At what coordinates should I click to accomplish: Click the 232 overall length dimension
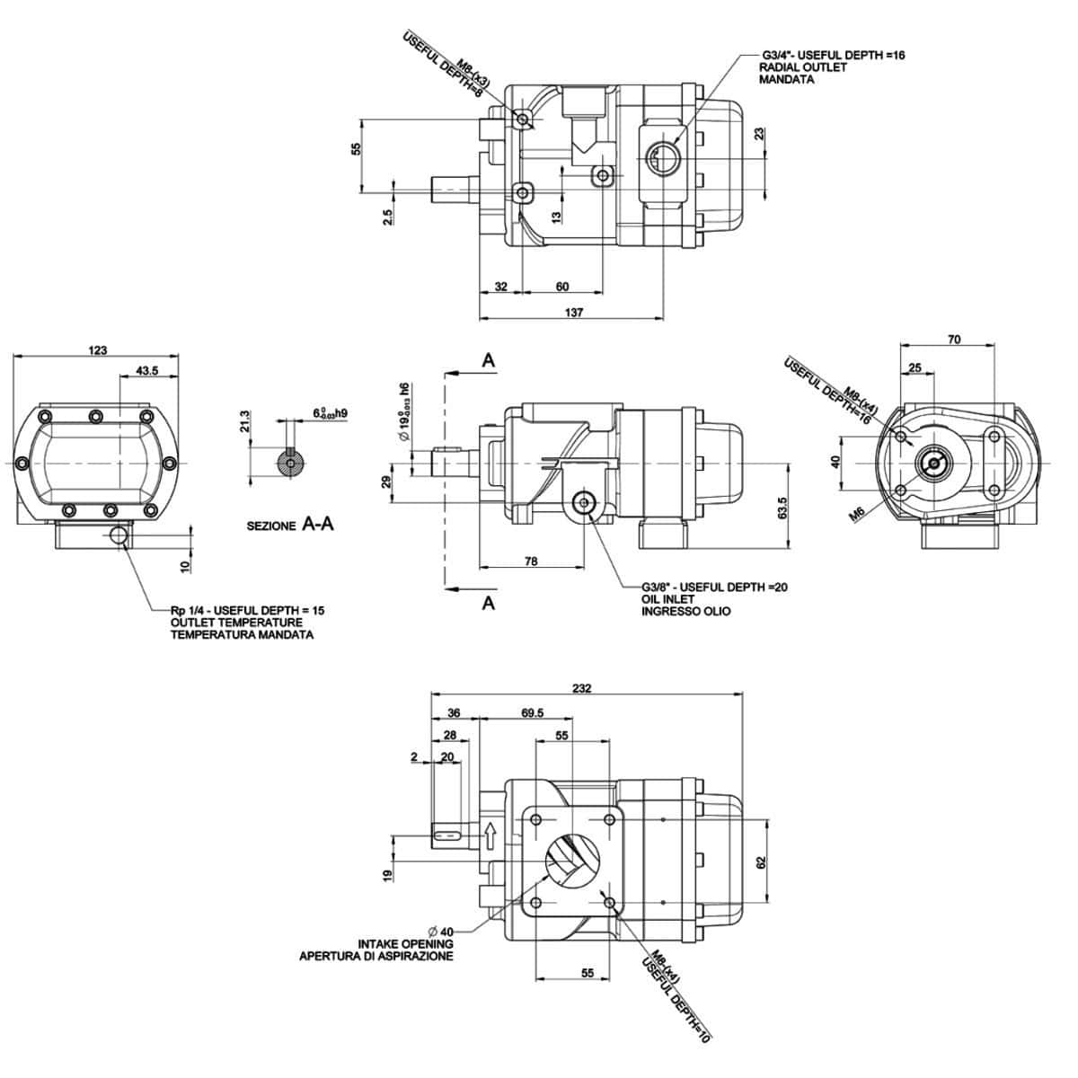click(x=582, y=688)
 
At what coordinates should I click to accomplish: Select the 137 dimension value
click(x=575, y=313)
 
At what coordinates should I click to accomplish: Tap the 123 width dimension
click(x=98, y=350)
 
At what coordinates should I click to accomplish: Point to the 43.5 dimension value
click(x=147, y=370)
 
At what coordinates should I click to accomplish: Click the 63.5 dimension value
click(x=783, y=508)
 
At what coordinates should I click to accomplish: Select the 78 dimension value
click(x=531, y=561)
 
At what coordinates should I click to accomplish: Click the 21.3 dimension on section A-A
click(x=245, y=421)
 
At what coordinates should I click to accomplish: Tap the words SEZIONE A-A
click(x=290, y=525)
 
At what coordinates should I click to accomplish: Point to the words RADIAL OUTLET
click(x=803, y=67)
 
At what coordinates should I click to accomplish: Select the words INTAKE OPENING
click(x=405, y=944)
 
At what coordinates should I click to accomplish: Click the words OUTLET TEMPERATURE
click(x=236, y=623)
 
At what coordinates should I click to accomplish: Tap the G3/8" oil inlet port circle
click(x=586, y=505)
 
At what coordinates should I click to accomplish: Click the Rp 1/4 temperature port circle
click(x=118, y=536)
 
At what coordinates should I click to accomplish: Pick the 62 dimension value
click(x=760, y=862)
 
